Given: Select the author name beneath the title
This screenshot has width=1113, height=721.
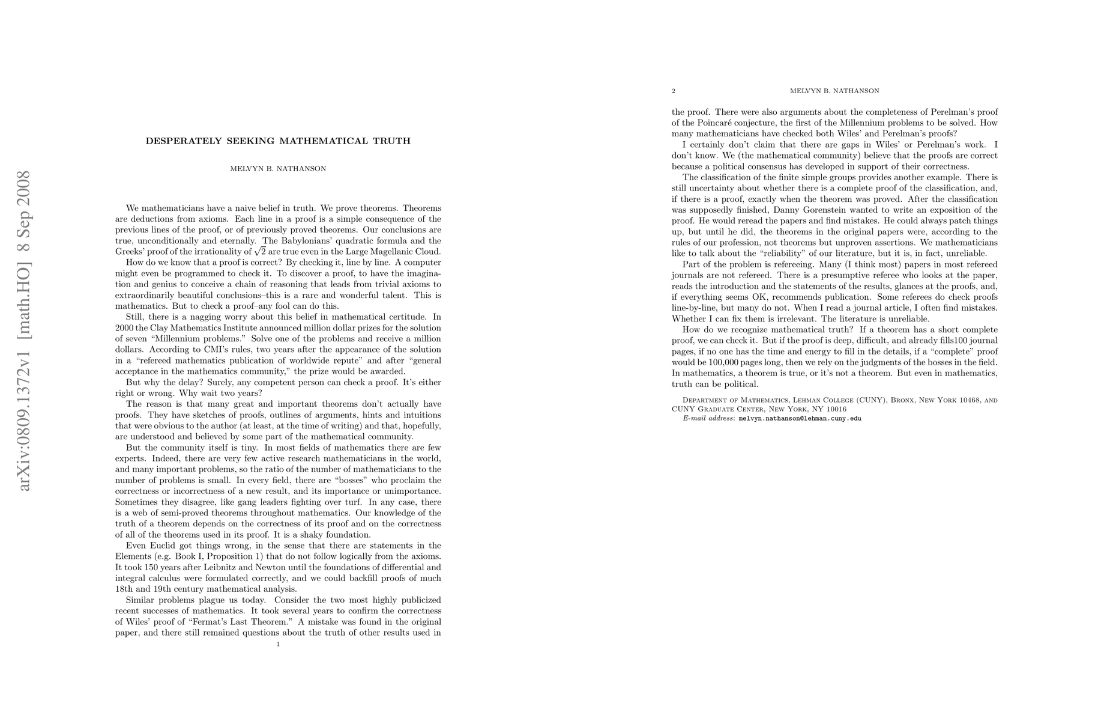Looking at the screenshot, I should (x=278, y=169).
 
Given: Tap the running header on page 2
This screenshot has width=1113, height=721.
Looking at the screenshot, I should (x=834, y=91).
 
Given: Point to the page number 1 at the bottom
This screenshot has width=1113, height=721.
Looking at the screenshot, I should (x=278, y=644).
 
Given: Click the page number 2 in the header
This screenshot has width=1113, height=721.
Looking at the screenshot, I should (x=674, y=91).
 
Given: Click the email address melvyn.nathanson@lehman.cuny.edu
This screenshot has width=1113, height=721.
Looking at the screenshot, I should (x=800, y=418).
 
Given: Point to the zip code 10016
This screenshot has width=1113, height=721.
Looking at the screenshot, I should (x=836, y=409).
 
